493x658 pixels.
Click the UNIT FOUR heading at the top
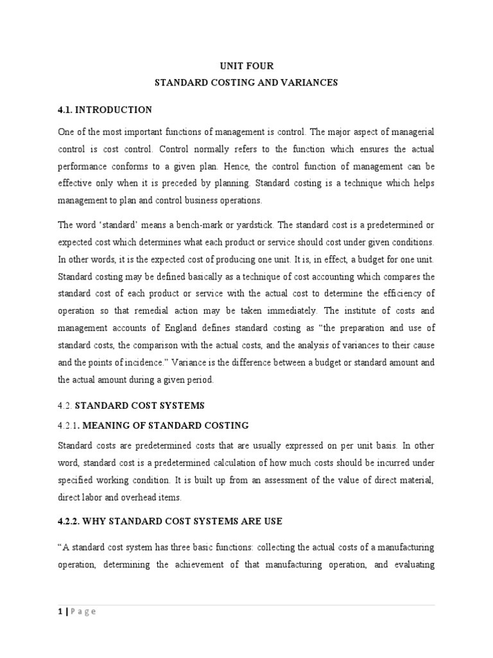point(246,66)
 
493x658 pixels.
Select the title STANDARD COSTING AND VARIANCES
point(246,83)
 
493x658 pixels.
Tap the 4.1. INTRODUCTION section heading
point(105,110)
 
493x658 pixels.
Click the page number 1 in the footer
point(60,611)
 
